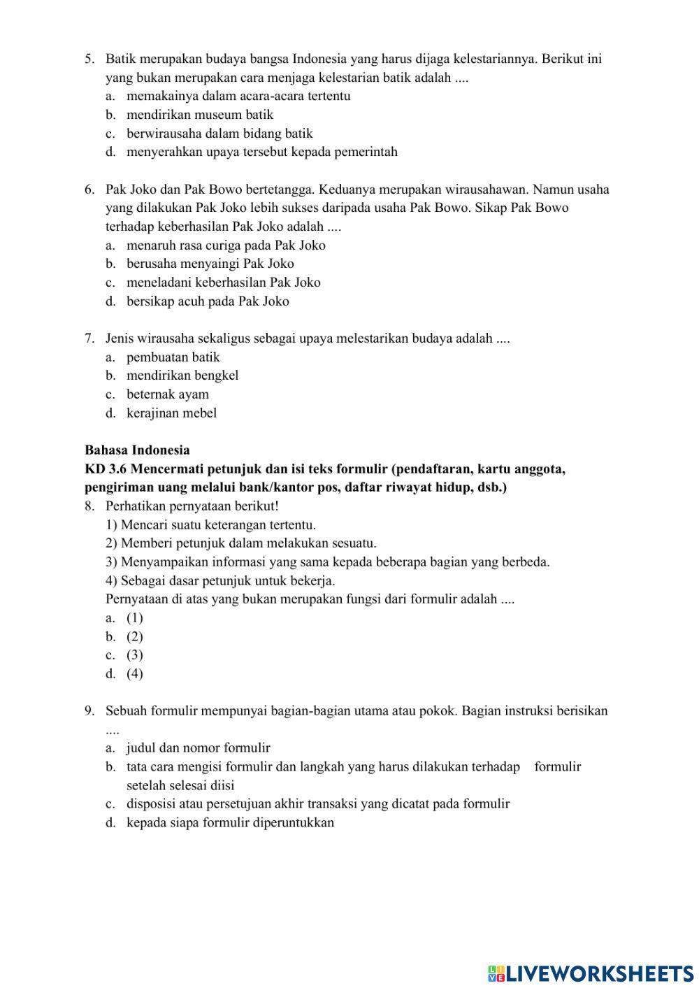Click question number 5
[89, 59]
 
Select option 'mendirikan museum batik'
[199, 115]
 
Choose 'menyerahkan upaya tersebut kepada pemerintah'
[261, 152]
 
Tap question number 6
[89, 189]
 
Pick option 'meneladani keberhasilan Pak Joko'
[223, 282]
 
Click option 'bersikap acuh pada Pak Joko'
[207, 301]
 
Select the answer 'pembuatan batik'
[173, 357]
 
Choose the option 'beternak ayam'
[167, 394]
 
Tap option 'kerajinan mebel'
[171, 413]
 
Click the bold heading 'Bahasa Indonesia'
[137, 450]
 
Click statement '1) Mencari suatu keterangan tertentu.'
[210, 525]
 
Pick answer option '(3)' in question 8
[134, 655]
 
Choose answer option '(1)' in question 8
[134, 618]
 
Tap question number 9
[89, 711]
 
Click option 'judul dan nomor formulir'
[198, 748]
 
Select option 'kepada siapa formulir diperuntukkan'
[230, 822]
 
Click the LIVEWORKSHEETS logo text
[598, 973]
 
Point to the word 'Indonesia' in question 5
[319, 59]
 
